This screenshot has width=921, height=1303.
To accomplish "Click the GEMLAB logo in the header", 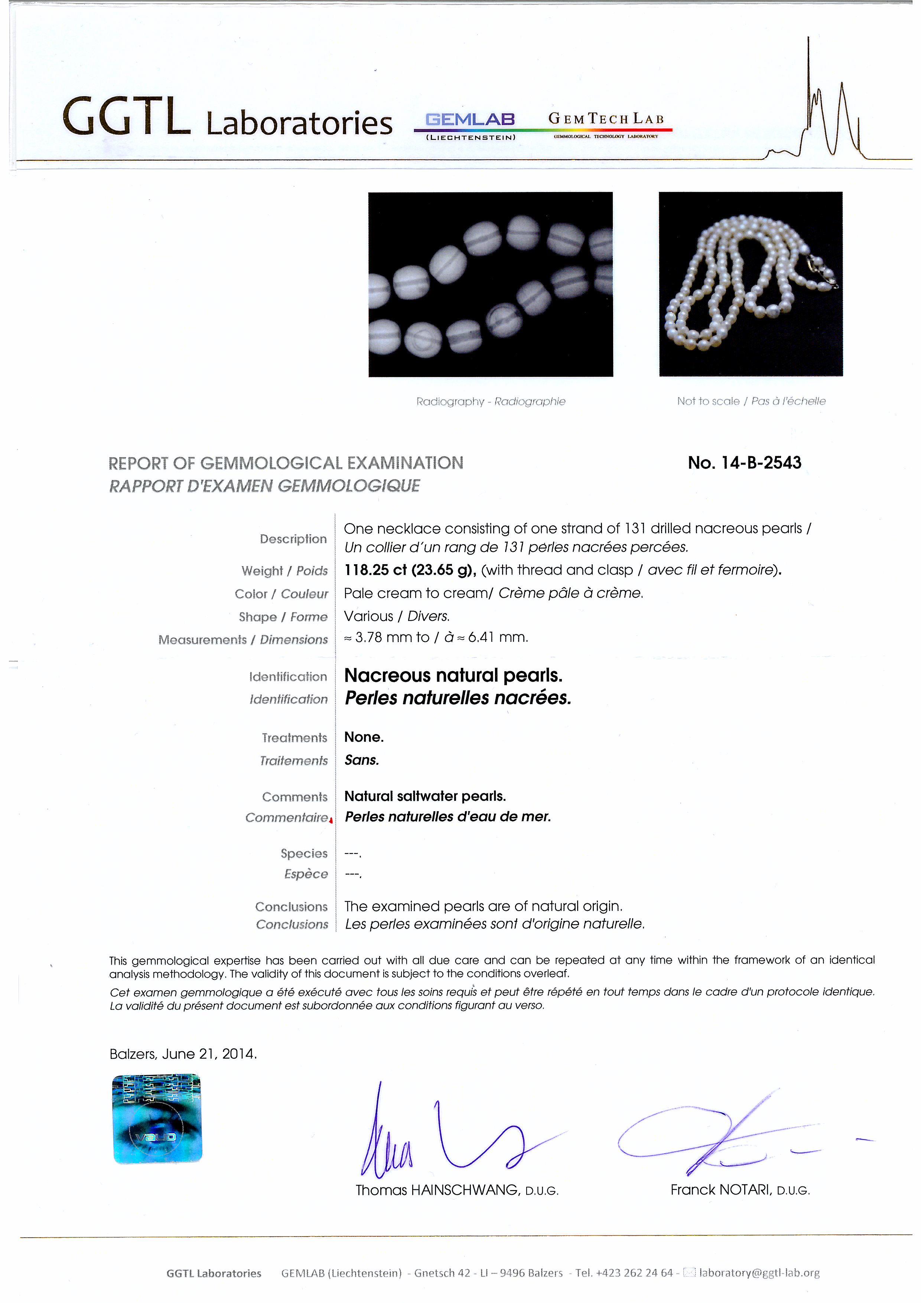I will (471, 120).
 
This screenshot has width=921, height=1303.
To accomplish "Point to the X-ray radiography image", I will (490, 284).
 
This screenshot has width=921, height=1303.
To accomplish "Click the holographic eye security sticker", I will (157, 1118).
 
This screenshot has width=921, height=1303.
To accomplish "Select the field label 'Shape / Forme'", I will (283, 617).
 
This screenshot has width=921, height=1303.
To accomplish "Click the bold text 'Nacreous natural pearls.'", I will (453, 675).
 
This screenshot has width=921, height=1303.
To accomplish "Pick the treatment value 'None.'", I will (364, 737).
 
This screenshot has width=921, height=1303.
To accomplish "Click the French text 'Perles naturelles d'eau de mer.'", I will (448, 817).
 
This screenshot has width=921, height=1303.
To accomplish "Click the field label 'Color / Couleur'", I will (281, 594).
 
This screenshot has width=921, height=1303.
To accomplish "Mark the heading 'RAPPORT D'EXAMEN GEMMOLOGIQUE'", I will (264, 486).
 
